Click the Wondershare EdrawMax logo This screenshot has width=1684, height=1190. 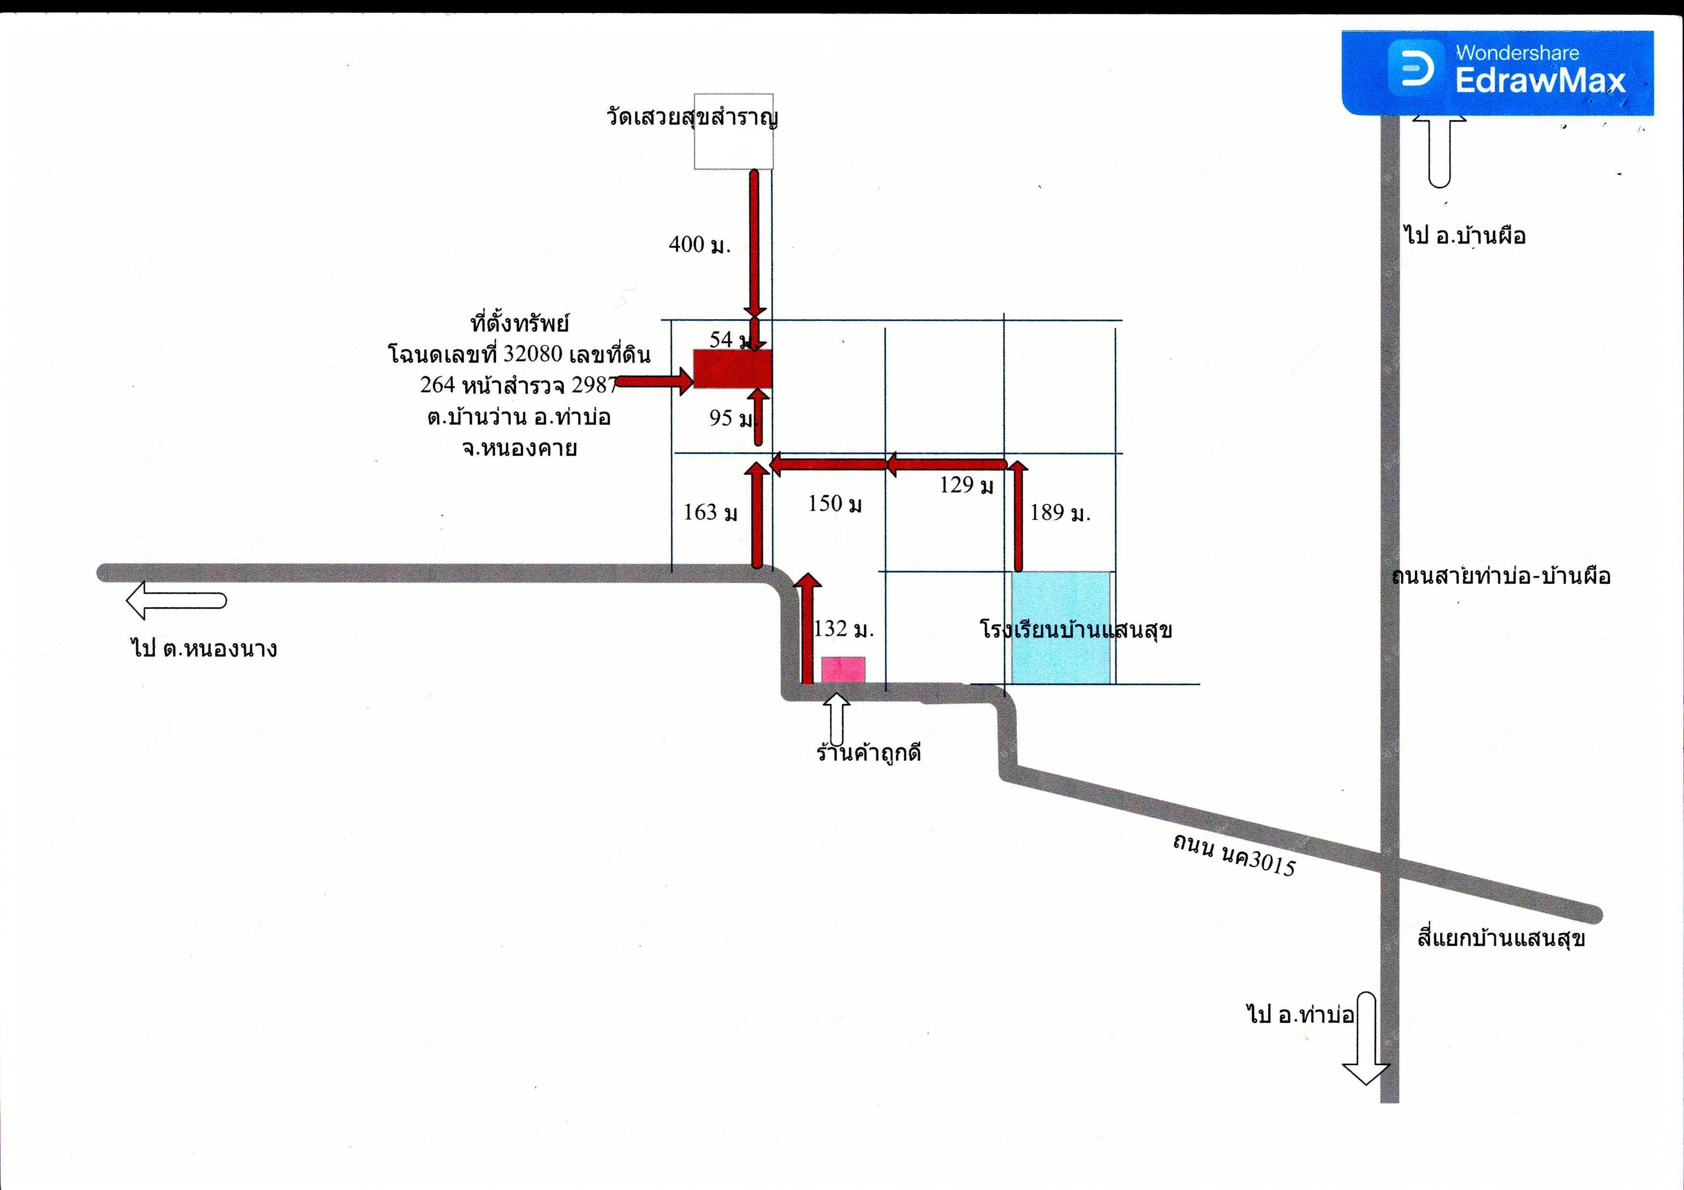pyautogui.click(x=1497, y=72)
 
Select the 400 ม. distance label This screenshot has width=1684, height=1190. pyautogui.click(x=700, y=244)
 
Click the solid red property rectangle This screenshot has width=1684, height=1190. pyautogui.click(x=733, y=368)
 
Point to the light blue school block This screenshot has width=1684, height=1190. pyautogui.click(x=1061, y=628)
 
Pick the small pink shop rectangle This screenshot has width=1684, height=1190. pyautogui.click(x=843, y=670)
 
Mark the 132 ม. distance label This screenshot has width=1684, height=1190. pyautogui.click(x=844, y=628)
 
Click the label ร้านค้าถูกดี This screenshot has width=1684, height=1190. pyautogui.click(x=868, y=753)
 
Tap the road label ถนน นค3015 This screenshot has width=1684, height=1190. pyautogui.click(x=1234, y=855)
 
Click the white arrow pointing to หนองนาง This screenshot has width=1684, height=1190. pyautogui.click(x=176, y=601)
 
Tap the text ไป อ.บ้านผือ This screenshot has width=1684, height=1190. pyautogui.click(x=1465, y=235)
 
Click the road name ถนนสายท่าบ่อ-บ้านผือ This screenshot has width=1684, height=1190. pyautogui.click(x=1501, y=576)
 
